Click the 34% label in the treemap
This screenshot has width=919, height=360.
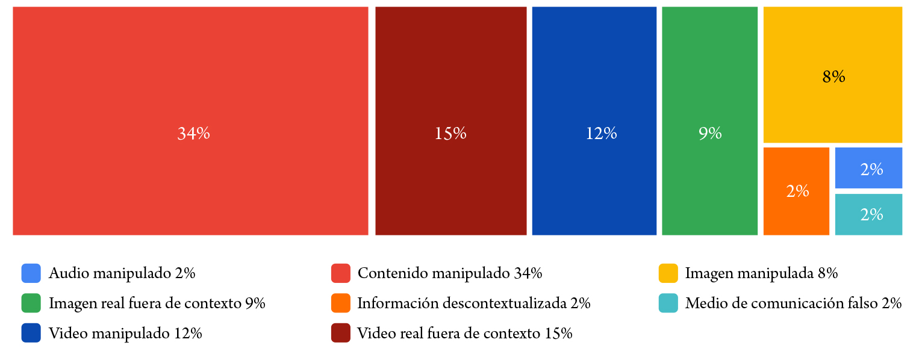(193, 134)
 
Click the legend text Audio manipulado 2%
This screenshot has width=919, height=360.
(122, 273)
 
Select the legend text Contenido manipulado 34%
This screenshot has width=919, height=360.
(449, 273)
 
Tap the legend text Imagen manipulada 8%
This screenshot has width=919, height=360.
(761, 273)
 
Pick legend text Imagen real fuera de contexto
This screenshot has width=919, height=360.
(157, 303)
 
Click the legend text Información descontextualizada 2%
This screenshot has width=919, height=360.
(473, 303)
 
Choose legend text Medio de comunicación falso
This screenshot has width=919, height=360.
(793, 303)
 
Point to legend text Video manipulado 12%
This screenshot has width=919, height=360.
(125, 333)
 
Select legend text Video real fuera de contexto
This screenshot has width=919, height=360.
(464, 333)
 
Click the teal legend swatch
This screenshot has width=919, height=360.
(668, 303)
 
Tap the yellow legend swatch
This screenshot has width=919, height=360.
(668, 273)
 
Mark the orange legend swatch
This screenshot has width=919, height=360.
(341, 303)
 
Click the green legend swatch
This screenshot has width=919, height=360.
(31, 303)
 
